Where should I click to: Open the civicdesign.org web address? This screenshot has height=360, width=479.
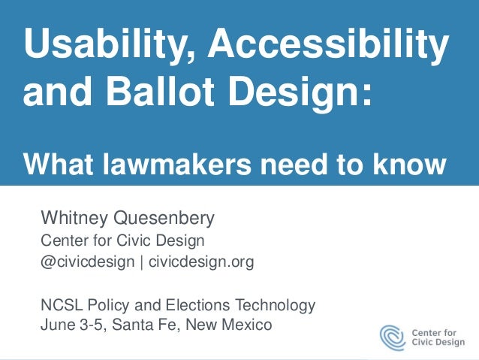tap(201, 262)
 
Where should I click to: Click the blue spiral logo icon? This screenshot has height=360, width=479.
tap(393, 336)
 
